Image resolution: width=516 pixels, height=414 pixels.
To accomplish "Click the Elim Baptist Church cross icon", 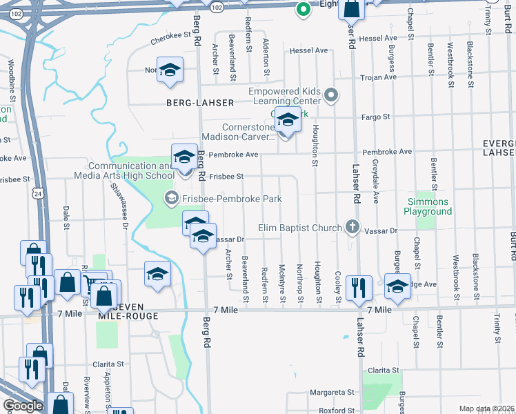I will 352,227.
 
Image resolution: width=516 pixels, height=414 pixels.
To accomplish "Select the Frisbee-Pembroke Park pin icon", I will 170,199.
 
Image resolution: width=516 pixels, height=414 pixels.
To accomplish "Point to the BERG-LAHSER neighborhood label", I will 200,103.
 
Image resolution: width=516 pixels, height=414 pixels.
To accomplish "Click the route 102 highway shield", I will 217,6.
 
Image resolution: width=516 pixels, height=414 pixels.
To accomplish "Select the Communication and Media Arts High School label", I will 131,170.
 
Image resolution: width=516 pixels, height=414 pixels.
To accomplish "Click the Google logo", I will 23,406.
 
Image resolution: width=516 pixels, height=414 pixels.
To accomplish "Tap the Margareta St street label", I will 331,391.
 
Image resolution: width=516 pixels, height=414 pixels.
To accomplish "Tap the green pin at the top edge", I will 301,10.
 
